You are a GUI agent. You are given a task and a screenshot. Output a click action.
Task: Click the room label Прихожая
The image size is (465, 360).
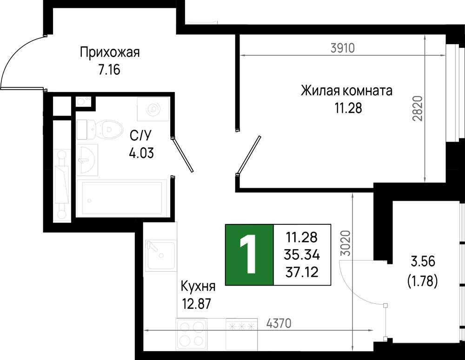click(x=109, y=53)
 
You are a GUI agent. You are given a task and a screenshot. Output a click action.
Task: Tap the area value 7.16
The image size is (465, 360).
click(x=109, y=70)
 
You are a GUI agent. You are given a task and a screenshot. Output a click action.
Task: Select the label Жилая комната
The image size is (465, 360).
click(x=347, y=91)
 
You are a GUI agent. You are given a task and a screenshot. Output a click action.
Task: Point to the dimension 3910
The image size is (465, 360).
click(x=343, y=48)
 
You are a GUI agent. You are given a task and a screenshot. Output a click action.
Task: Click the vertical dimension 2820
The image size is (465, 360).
click(x=418, y=108)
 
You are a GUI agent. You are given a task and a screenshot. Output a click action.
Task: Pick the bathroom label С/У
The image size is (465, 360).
click(x=140, y=136)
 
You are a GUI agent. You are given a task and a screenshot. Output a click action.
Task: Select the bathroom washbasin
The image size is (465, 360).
click(x=87, y=160)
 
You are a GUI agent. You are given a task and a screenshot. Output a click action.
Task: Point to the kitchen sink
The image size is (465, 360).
click(x=160, y=255)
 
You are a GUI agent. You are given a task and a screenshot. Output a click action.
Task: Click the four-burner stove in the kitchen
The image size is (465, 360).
click(x=191, y=334)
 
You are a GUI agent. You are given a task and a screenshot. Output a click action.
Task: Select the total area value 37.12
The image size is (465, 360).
click(x=302, y=272)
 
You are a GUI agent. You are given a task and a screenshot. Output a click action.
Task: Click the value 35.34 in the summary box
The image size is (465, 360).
click(x=302, y=255)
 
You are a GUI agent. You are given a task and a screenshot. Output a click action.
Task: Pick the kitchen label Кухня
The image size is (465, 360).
click(x=198, y=287)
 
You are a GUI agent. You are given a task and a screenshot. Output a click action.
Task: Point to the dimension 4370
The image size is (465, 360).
click(x=279, y=323)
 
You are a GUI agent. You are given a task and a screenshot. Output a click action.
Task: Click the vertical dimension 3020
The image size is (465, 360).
click(x=346, y=243)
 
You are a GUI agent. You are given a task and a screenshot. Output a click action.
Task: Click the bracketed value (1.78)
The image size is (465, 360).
click(x=423, y=281)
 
